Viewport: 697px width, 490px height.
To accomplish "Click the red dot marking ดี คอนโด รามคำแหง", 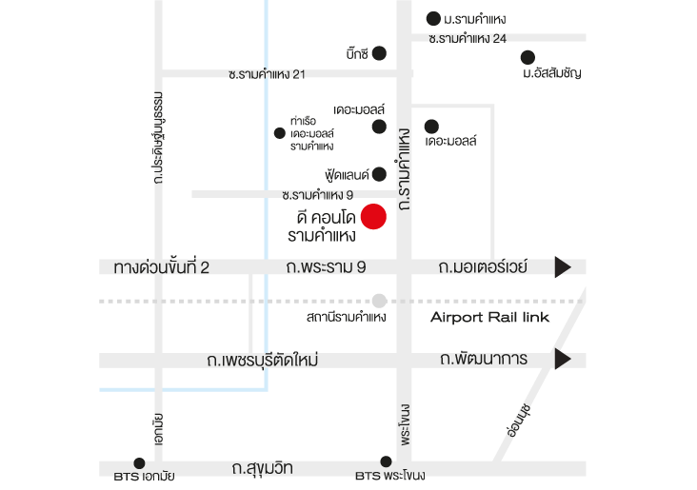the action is click(373, 217).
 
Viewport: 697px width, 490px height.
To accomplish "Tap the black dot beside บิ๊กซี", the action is click(379, 53).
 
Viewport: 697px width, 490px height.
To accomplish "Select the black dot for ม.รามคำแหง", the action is click(433, 19).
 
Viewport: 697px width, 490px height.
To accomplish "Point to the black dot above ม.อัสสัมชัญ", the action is click(528, 57).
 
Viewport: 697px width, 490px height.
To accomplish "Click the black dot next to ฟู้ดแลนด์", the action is click(379, 174).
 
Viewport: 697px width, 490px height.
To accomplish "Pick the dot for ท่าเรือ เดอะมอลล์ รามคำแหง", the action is click(280, 133).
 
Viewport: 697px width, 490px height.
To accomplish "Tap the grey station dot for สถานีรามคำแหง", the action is click(379, 301).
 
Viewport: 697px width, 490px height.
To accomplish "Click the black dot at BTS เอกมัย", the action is click(139, 463).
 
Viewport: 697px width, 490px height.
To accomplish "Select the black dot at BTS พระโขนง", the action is click(386, 461).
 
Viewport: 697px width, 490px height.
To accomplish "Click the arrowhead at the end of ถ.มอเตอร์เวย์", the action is click(563, 267).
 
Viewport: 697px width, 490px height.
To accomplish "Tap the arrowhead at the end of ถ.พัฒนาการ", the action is click(563, 359).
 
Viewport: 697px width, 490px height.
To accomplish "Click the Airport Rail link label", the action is click(489, 317).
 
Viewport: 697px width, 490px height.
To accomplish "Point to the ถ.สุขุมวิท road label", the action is click(262, 468).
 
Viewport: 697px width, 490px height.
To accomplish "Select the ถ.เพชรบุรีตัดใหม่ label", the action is click(262, 360).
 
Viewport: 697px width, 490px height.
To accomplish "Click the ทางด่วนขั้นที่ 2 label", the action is click(161, 267).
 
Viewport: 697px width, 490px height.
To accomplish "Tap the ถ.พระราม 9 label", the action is click(326, 267).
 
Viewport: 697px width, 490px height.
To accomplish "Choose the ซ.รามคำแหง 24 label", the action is click(468, 39).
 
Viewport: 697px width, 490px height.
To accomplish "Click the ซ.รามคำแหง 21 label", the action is click(267, 74).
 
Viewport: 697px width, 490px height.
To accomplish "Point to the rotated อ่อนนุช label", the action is click(518, 421).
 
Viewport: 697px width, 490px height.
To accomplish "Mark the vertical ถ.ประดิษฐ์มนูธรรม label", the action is click(158, 138).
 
